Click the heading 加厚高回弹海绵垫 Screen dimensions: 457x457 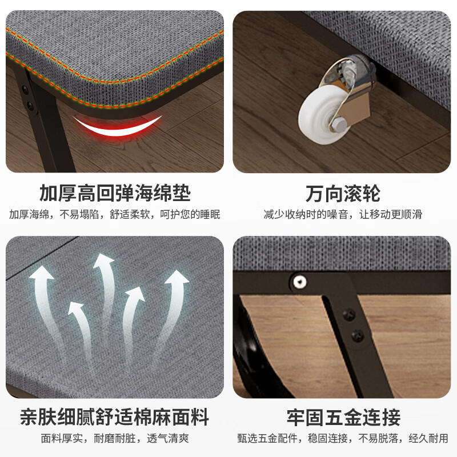(x=114, y=193)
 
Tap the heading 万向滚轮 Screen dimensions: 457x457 (x=342, y=193)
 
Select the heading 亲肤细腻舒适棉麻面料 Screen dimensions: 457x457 (x=114, y=416)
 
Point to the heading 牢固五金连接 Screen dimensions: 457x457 (x=342, y=416)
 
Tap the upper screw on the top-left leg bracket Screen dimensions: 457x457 (x=25, y=89)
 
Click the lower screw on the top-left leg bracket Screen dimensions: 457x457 (x=29, y=104)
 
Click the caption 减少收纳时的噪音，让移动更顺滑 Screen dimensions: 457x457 (x=342, y=215)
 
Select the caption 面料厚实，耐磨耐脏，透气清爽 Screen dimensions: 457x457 (x=114, y=439)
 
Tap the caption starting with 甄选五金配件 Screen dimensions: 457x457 (x=342, y=439)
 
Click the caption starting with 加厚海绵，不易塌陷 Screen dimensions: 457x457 (x=114, y=215)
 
